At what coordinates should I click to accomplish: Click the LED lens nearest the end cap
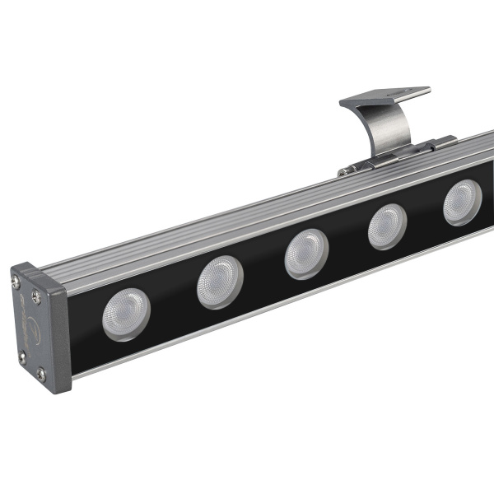coord(126,314)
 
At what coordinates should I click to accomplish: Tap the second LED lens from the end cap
coord(220,282)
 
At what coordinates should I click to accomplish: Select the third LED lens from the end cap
coord(306,253)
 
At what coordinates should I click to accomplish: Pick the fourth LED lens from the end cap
coord(387,226)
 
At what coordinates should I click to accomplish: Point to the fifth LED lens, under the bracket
coord(463,203)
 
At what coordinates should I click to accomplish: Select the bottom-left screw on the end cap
coord(22,358)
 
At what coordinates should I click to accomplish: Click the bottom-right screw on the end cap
coord(41,375)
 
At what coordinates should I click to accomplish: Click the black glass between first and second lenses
coord(174,301)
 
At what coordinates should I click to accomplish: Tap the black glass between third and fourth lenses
coord(347,240)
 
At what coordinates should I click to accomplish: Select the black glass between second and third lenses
coord(263,269)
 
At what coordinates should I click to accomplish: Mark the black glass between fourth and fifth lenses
coord(426,216)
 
